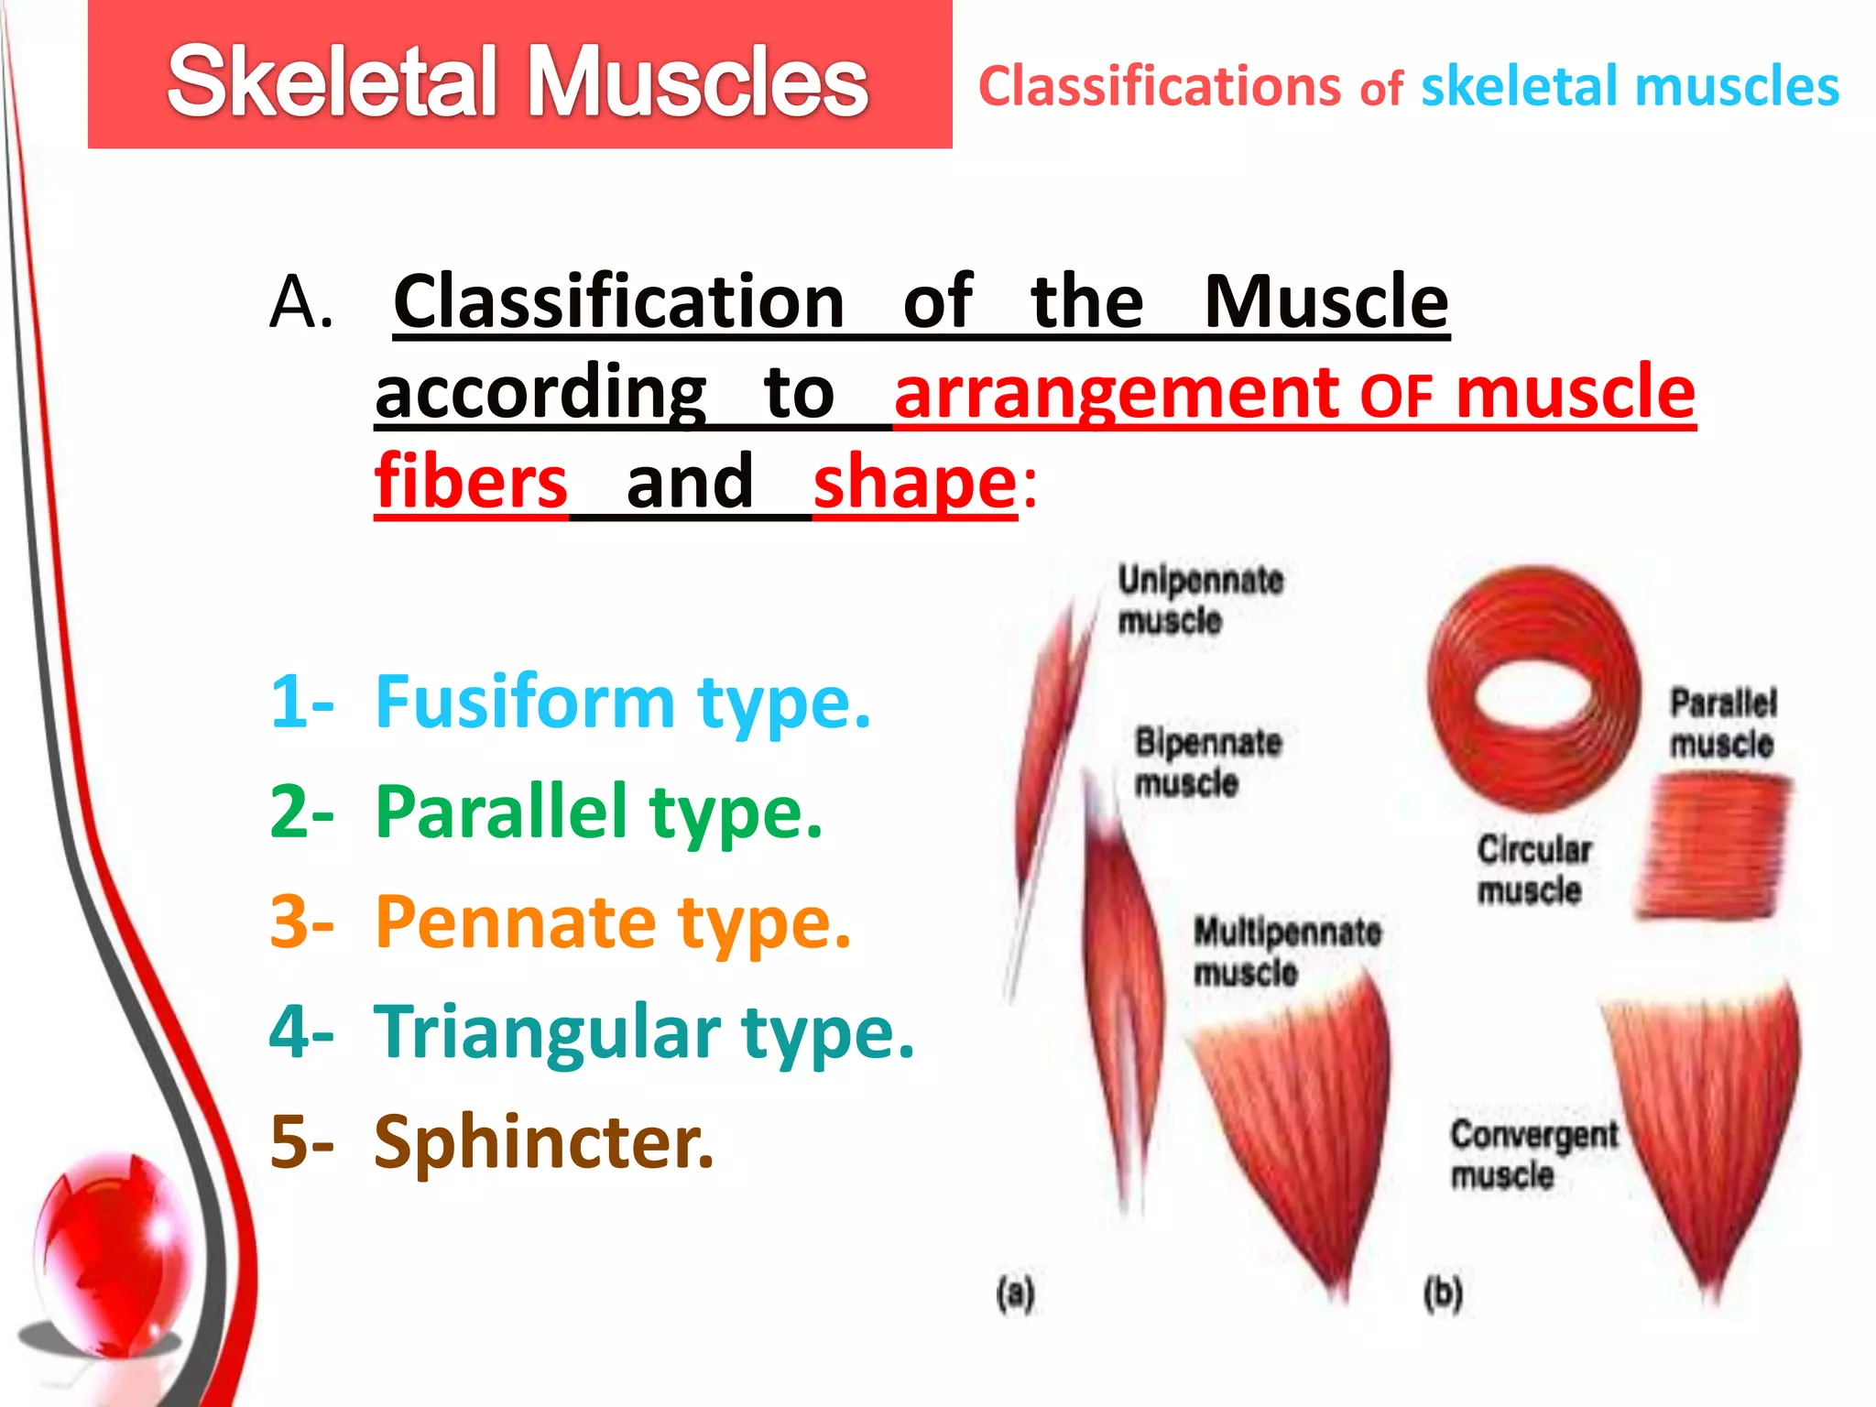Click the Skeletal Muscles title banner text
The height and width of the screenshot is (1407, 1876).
coord(518,82)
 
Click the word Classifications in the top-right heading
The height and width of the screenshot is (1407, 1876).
coord(1159,87)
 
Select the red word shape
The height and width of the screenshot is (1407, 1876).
coord(914,483)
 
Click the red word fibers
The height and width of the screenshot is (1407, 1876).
coord(472,483)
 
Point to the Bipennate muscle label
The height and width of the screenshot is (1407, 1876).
coord(1206,762)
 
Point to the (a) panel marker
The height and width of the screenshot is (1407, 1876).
coord(1015,1293)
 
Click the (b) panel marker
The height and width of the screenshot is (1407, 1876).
coord(1443,1293)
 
